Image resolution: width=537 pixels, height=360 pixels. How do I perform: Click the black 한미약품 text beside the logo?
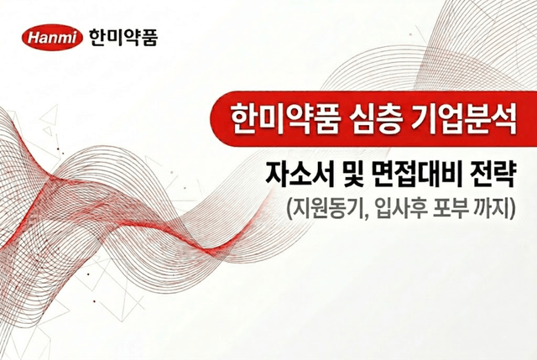[121, 39]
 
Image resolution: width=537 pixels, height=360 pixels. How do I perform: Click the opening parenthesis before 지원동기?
[288, 206]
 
